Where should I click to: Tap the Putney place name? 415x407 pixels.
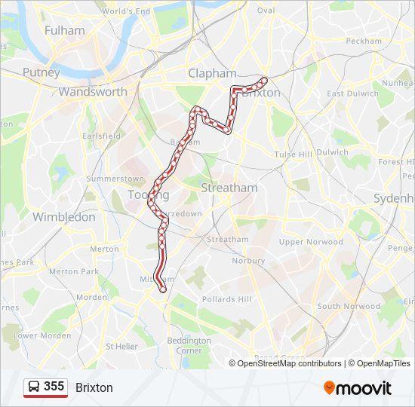41,72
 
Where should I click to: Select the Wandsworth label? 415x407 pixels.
93,91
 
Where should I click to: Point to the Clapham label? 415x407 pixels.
212,73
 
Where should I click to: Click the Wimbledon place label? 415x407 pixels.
64,216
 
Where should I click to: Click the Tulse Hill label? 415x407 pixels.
293,154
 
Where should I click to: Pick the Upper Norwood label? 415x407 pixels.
311,242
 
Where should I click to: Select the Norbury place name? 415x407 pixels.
248,261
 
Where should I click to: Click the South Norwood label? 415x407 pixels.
349,306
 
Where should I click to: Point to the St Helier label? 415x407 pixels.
121,346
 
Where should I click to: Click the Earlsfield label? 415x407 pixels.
101,136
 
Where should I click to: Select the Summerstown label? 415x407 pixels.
115,179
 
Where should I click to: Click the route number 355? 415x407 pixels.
54,386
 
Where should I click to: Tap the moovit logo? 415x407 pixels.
358,387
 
